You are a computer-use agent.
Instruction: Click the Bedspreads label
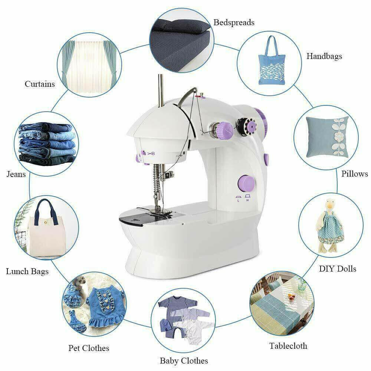click(x=234, y=22)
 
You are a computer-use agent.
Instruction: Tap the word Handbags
click(x=324, y=56)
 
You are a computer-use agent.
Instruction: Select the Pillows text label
click(x=355, y=174)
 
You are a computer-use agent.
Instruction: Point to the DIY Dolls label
click(x=338, y=269)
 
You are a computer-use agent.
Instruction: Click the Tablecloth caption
click(x=288, y=346)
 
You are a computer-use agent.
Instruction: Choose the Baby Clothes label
click(x=184, y=360)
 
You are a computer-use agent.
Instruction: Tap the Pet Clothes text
click(x=89, y=348)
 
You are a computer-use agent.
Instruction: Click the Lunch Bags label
click(x=27, y=272)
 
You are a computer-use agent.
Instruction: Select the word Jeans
click(x=16, y=174)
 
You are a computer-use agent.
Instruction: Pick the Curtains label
click(x=40, y=84)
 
